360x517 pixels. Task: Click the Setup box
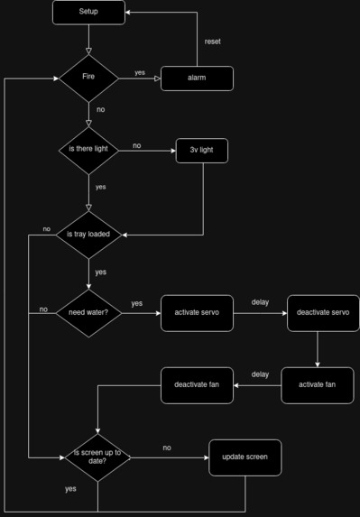88,12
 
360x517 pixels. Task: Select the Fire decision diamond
88,78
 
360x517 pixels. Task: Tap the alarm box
197,78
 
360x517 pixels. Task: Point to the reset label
212,42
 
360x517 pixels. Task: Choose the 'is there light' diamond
88,150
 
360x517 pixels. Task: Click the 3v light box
202,151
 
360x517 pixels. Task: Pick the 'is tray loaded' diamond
88,235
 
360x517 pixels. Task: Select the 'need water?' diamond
88,313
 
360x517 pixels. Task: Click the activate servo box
197,313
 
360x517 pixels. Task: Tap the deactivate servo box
323,313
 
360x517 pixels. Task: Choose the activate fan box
317,385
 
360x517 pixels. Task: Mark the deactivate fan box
197,385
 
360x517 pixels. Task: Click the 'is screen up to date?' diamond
97,457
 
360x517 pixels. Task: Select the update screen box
245,457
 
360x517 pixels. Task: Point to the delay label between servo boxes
260,302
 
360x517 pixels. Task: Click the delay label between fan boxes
260,374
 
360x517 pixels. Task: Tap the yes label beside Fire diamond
140,72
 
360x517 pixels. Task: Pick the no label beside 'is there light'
136,145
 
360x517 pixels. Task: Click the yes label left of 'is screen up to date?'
70,489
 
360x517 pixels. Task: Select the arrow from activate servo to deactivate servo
260,313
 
